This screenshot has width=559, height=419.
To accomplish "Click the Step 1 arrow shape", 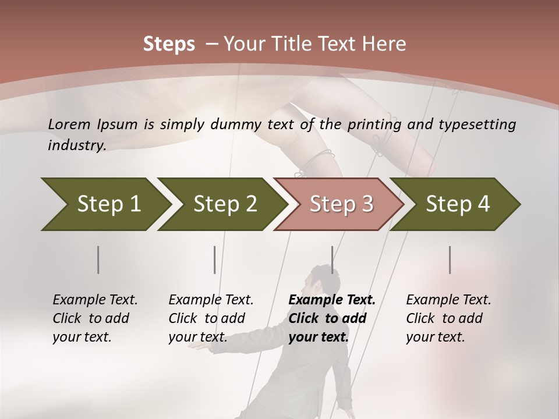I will pyautogui.click(x=105, y=204).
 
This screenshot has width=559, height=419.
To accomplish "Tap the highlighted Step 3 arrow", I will pyautogui.click(x=341, y=204).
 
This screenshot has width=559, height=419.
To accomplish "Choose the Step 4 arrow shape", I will pyautogui.click(x=457, y=204).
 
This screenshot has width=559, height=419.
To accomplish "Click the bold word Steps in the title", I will pyautogui.click(x=169, y=44).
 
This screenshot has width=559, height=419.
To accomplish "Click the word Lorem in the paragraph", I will pyautogui.click(x=68, y=124).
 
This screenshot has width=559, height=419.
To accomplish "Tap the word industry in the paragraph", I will pyautogui.click(x=76, y=145).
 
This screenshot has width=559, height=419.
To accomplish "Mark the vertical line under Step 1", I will pyautogui.click(x=98, y=260).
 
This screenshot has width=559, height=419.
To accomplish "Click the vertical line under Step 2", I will pyautogui.click(x=215, y=260).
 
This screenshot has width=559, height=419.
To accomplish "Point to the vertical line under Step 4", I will pyautogui.click(x=450, y=260).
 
